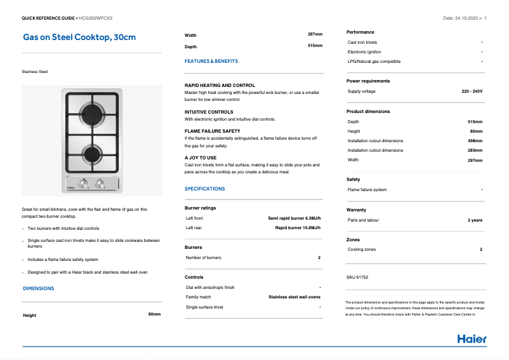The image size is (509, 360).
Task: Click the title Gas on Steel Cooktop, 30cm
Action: click(79, 37)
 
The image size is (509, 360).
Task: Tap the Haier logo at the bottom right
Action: click(472, 338)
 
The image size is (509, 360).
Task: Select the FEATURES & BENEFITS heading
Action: click(211, 62)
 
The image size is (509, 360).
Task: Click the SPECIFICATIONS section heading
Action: click(204, 189)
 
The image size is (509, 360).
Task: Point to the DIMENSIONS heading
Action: click(39, 288)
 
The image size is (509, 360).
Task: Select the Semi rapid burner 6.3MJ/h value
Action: click(294, 218)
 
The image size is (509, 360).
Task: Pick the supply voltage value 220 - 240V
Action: click(472, 91)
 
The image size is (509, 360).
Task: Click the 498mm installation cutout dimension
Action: click(475, 141)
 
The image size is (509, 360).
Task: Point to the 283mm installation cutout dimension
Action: click(475, 150)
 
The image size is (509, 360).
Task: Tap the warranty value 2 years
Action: click(475, 220)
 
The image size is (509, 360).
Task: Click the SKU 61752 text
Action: click(357, 277)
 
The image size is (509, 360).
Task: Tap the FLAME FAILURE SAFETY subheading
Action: click(212, 131)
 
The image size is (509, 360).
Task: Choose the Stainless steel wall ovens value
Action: click(294, 297)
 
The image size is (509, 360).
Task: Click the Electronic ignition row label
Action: click(364, 52)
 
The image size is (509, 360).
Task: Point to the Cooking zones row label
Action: click(362, 250)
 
